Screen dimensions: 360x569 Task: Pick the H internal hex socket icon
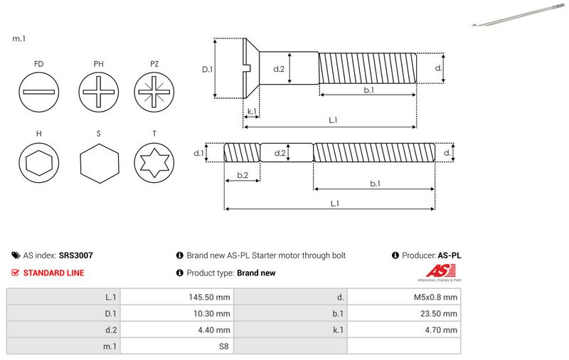[38, 164]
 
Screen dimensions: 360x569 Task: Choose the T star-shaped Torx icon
[154, 164]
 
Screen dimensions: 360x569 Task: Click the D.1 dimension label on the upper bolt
[208, 69]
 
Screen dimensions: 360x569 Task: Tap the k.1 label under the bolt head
[251, 112]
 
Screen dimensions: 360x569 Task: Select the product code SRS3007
[76, 255]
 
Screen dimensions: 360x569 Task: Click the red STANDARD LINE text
[53, 272]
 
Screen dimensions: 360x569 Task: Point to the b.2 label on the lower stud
[242, 175]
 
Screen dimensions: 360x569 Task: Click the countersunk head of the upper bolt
[250, 68]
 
